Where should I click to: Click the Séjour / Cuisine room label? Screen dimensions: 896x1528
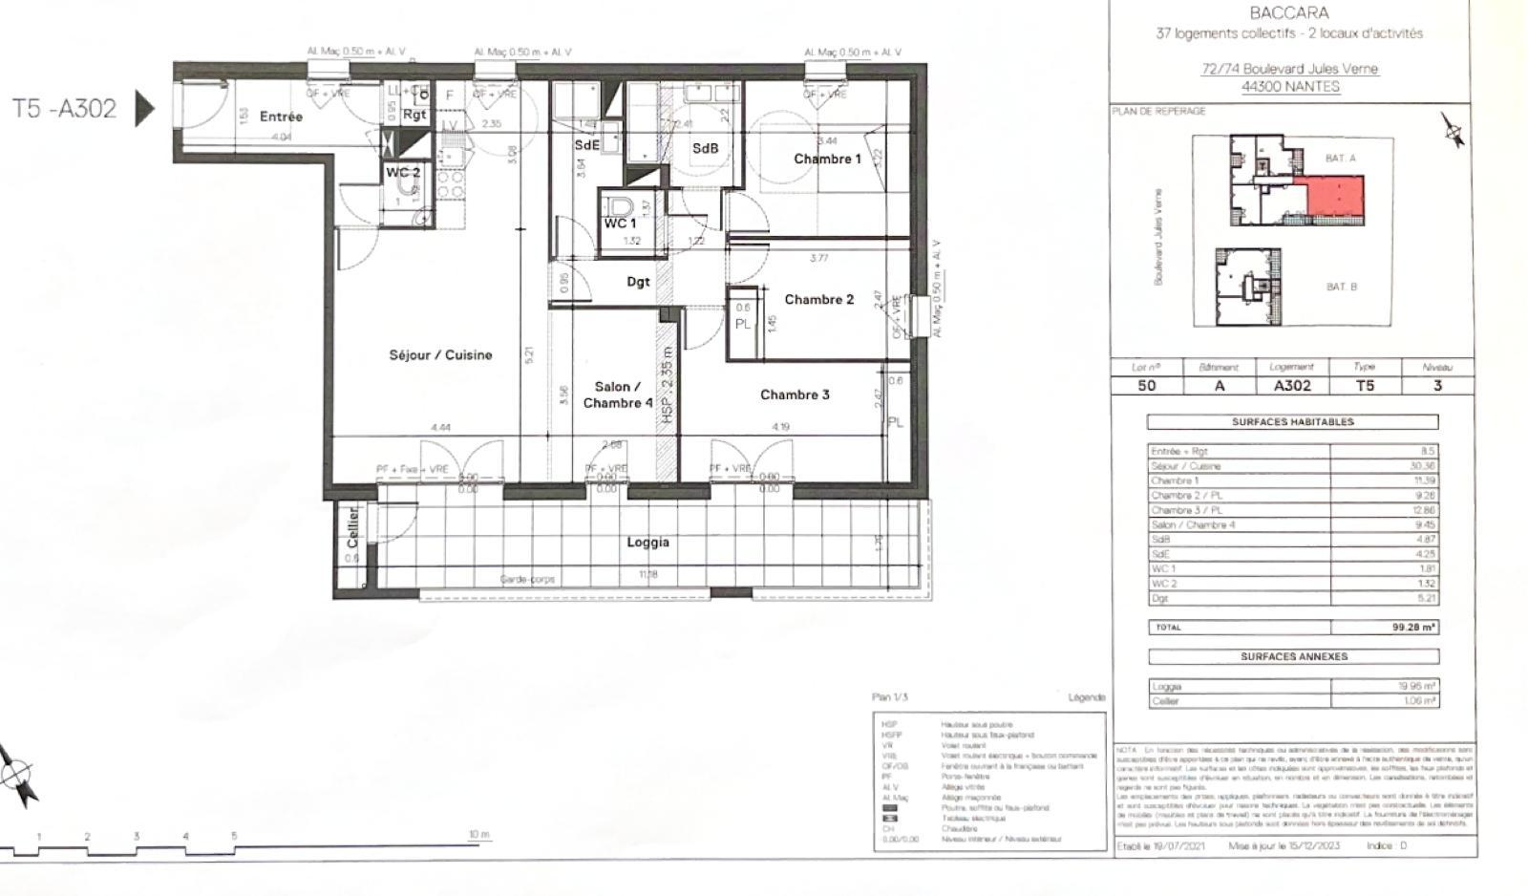[x=440, y=354]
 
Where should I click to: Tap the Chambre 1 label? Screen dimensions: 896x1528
[x=827, y=159]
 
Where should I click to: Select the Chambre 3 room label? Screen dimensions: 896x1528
[x=795, y=395]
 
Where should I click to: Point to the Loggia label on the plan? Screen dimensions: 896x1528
[x=647, y=542]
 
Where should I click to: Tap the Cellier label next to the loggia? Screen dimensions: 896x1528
[x=352, y=527]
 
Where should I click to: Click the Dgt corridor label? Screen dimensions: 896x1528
[x=638, y=282]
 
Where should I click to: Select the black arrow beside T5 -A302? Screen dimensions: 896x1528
[x=144, y=108]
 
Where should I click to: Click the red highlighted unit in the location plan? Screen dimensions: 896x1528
[x=1328, y=198]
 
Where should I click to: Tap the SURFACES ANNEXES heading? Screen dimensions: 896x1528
[x=1293, y=656]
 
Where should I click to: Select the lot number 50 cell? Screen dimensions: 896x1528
[x=1146, y=386]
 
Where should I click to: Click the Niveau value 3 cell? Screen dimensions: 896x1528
[x=1437, y=386]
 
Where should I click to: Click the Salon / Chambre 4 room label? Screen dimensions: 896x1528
[x=618, y=395]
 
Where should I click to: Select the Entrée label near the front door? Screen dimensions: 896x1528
[x=281, y=117]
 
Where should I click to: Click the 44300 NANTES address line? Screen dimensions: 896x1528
[x=1289, y=86]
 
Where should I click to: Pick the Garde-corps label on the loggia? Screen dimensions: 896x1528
[x=527, y=579]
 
